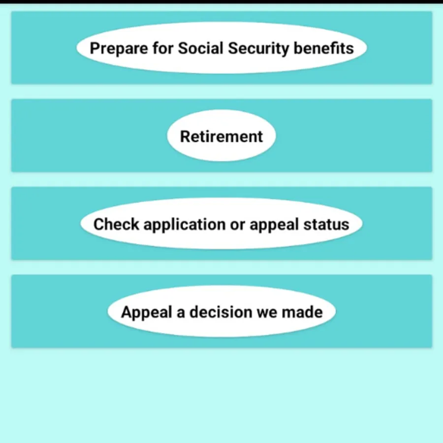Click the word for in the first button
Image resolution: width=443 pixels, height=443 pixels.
(159, 48)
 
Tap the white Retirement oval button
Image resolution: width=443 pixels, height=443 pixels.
(221, 136)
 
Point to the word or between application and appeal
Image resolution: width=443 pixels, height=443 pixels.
(238, 224)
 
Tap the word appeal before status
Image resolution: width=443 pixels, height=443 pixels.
(274, 225)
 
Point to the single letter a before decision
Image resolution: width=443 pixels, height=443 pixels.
(181, 312)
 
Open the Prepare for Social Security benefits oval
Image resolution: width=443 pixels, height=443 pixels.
(221, 48)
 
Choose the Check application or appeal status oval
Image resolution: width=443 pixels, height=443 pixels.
(221, 224)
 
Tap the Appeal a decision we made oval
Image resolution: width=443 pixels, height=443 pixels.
(221, 312)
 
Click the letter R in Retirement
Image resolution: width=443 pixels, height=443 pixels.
(185, 136)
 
